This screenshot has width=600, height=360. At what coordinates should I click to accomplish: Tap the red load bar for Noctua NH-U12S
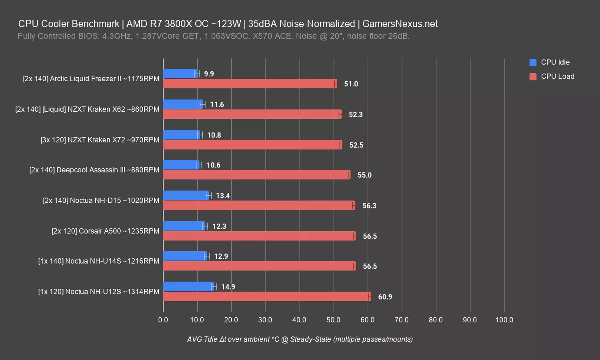pos(267,297)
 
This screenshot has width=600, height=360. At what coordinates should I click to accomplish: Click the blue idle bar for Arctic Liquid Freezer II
pos(180,74)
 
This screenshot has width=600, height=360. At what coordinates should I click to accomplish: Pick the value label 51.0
pos(351,84)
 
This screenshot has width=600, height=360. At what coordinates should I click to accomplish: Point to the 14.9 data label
pos(228,287)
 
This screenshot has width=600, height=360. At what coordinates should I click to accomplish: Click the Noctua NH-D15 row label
pos(101,200)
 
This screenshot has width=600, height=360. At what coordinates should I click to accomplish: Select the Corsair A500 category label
pos(105,231)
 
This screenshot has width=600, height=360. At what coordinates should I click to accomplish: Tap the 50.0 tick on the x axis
pos(333,320)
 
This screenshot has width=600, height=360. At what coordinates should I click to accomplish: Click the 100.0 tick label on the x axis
pos(504,320)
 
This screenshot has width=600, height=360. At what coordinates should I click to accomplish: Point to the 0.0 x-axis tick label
pos(163,320)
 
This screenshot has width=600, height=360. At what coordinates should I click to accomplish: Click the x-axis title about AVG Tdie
pos(300,339)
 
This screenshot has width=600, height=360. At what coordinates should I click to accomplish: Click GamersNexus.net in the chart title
pos(400,24)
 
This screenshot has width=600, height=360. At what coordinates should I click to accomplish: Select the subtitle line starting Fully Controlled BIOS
pos(214,36)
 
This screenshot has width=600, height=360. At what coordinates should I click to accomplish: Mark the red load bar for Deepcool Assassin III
pos(256,175)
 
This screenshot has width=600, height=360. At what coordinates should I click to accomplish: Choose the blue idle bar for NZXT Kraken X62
pos(183,104)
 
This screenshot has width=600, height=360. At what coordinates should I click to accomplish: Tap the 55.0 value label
pos(364,175)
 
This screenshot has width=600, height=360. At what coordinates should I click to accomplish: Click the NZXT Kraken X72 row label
pos(100,140)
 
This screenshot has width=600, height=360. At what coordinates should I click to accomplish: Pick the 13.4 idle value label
pos(223,196)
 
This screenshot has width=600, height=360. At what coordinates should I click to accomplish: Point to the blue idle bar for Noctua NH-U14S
pos(185,256)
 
